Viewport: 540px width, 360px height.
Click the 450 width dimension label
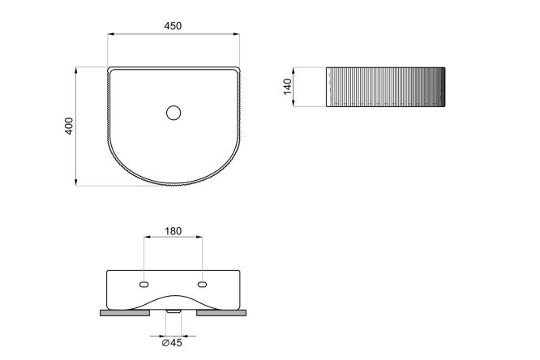[173, 26]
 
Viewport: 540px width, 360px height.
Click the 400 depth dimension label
[69, 126]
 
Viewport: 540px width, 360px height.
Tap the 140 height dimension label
[287, 87]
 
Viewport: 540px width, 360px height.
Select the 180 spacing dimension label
[173, 231]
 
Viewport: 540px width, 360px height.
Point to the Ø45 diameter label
[172, 342]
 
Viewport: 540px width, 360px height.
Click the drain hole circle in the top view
[174, 113]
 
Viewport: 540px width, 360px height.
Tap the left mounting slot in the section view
[144, 285]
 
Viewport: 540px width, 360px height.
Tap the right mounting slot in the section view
[203, 285]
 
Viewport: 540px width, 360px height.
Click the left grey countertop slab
[125, 313]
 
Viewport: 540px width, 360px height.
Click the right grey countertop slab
[221, 313]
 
